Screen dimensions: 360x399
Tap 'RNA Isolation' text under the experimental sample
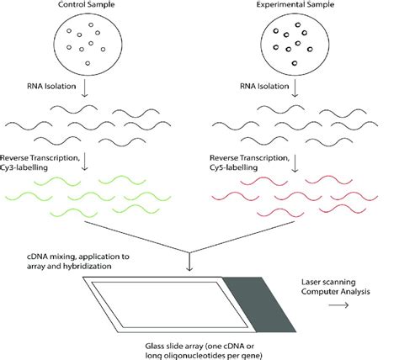[239, 86]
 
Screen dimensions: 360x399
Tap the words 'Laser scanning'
[319, 280]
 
